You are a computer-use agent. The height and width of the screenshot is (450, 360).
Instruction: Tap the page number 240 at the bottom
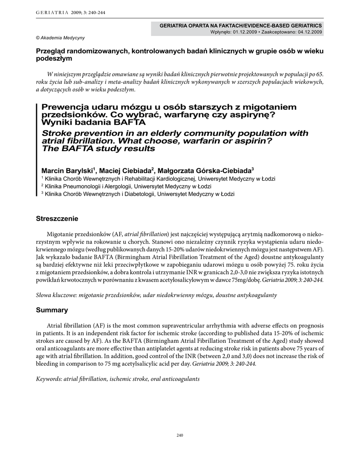(x=179, y=435)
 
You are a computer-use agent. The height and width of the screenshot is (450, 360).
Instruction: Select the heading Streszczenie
(x=57, y=218)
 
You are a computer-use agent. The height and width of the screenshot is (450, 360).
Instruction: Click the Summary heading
(x=52, y=310)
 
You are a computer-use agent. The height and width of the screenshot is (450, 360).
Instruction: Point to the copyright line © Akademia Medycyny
(x=60, y=38)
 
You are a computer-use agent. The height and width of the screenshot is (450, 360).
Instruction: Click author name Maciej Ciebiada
(x=125, y=171)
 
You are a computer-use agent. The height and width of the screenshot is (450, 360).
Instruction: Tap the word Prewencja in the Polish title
(x=64, y=107)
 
